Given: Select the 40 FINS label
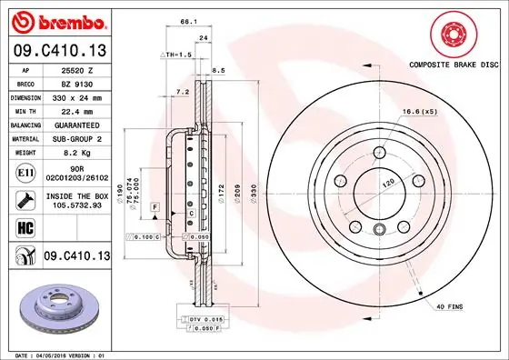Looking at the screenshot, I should (448, 307).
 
